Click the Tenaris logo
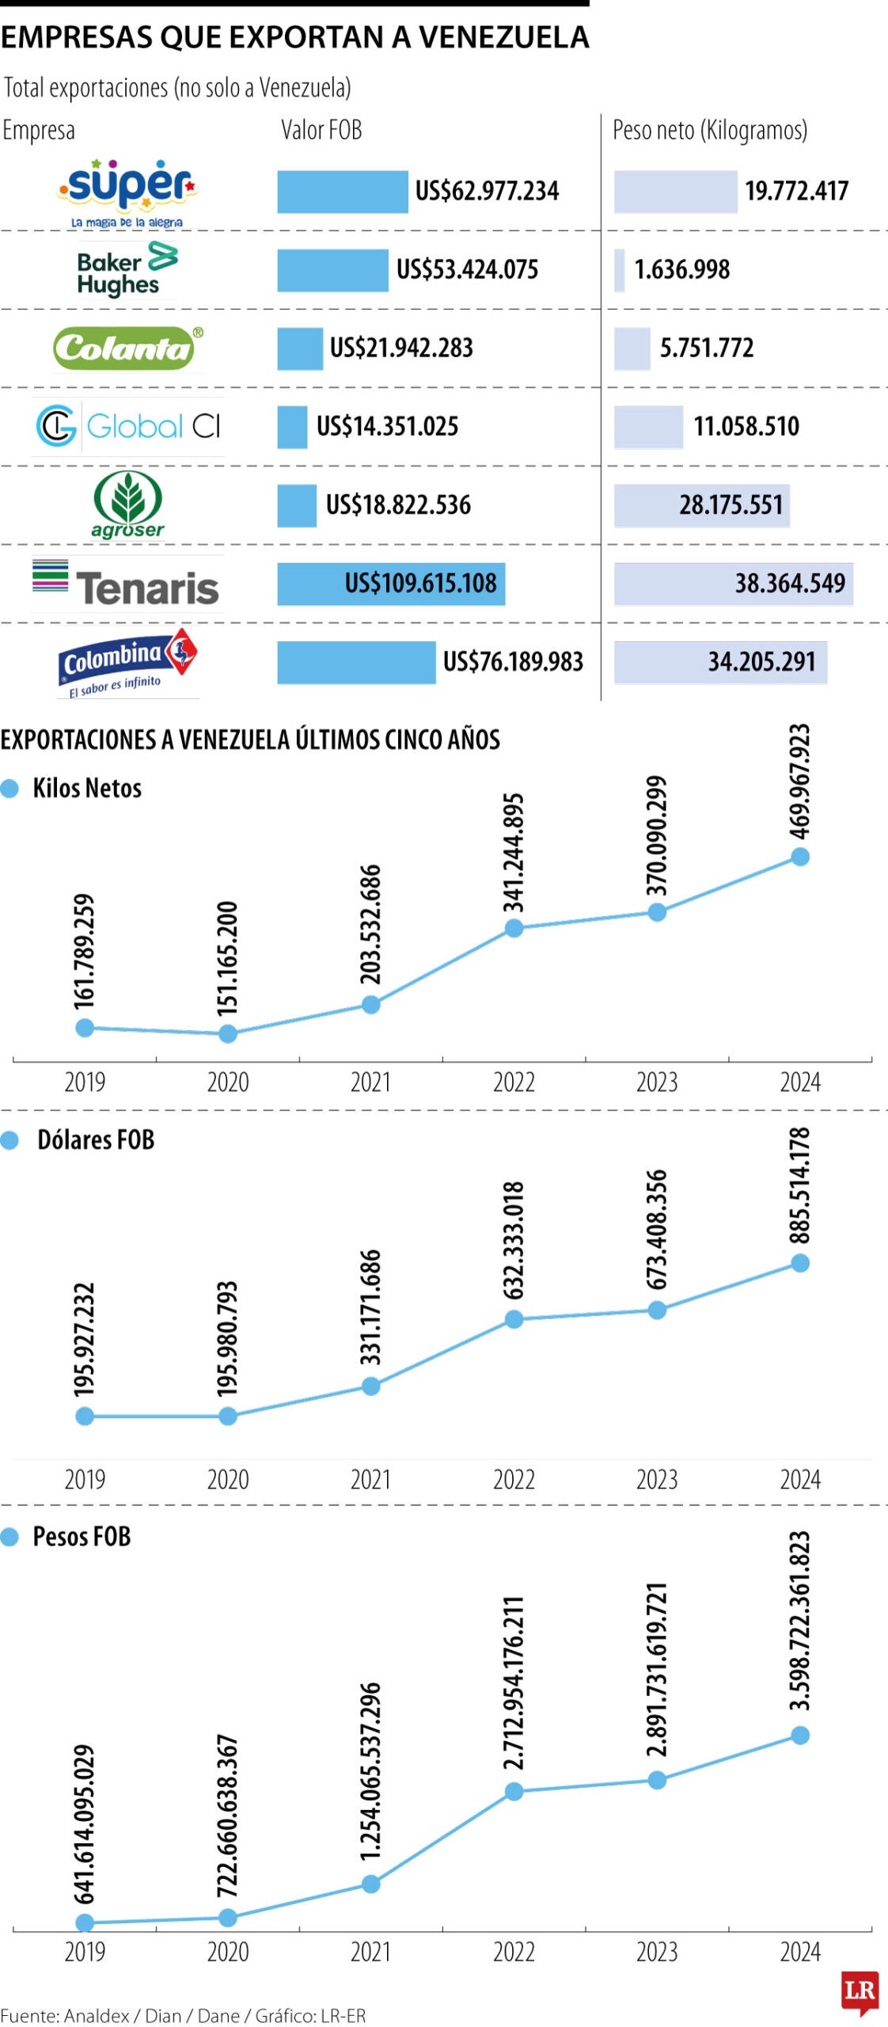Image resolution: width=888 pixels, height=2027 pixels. (127, 584)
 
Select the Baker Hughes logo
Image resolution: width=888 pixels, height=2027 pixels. (127, 271)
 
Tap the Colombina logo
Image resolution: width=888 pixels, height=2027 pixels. (127, 663)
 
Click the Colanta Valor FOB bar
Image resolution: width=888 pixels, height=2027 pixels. (300, 348)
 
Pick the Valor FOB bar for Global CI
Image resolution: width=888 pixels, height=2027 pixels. (292, 427)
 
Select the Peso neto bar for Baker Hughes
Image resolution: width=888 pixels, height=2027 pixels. (620, 270)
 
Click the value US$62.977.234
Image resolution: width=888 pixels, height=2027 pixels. (487, 192)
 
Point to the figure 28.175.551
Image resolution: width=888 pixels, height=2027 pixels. (731, 505)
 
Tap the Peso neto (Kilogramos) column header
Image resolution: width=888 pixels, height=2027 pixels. (710, 131)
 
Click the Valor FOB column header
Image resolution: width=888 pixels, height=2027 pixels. (321, 131)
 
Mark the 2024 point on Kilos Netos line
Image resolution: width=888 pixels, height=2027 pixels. (800, 857)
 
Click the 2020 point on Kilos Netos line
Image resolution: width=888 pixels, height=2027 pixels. (228, 1033)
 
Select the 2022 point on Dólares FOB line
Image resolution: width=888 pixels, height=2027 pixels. (514, 1319)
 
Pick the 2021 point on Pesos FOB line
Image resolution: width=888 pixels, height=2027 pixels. (370, 1884)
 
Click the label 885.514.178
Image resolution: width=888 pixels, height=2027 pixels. (800, 1186)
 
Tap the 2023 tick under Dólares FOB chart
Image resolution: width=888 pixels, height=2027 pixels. (657, 1479)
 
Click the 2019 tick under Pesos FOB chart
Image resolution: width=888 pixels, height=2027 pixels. (85, 1952)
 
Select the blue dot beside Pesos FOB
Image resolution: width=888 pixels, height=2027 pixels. (9, 1537)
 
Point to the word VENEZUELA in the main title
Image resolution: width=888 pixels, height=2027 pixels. (504, 37)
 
